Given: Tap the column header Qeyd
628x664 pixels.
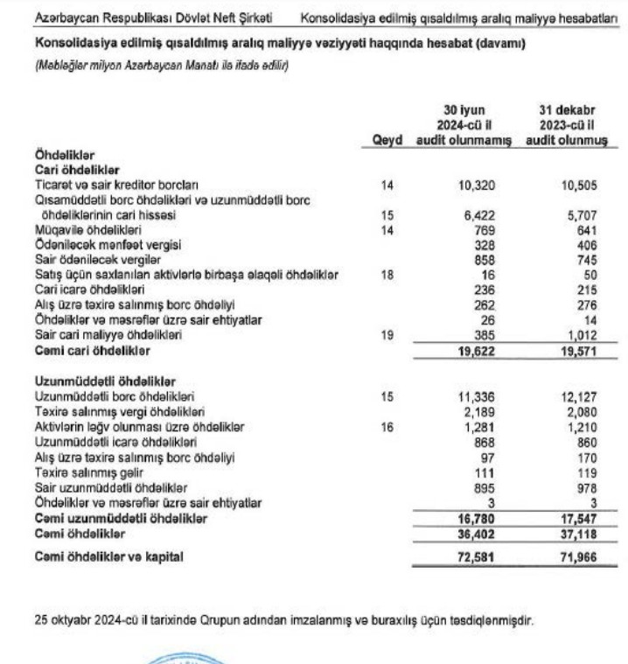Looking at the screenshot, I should [x=387, y=141].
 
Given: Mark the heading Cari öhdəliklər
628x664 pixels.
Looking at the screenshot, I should [x=77, y=171].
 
